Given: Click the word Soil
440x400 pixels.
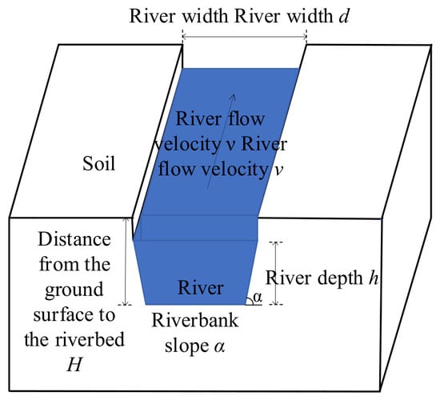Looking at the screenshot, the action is point(98,163).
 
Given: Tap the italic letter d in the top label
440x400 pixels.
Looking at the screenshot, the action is point(343,16).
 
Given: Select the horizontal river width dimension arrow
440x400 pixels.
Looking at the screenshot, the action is point(245,37).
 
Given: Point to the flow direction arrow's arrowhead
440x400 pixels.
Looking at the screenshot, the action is point(233,97).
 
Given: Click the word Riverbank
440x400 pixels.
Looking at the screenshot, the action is point(195,320).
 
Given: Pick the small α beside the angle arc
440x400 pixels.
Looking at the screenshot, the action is point(258,297).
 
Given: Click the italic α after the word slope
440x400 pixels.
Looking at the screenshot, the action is point(219,346).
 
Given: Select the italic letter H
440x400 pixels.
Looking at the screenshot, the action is point(74,364).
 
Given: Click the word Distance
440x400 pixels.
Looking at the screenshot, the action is point(74,239).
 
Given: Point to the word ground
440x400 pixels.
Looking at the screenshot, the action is point(74,290).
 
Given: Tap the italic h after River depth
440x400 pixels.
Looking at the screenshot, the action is point(374,278).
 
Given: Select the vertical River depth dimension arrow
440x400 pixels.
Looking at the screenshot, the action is point(276,273).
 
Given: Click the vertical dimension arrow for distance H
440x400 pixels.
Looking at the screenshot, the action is point(127,262).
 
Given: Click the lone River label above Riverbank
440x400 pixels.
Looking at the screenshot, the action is point(201,288).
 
